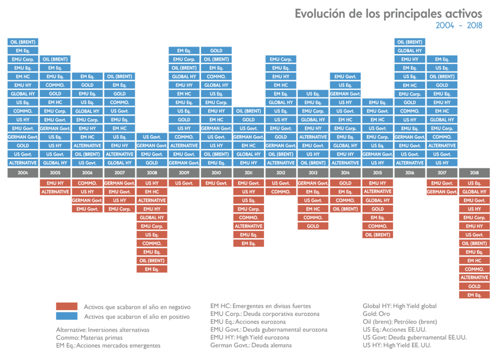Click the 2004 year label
pos(23,173)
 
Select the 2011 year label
pos(248,173)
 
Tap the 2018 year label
pos(474,173)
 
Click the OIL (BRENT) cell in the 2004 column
pos(23,42)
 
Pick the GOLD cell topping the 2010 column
pos(216,50)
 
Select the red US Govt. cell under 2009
pos(184,183)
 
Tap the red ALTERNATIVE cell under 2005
pos(55,192)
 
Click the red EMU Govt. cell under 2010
pos(216,183)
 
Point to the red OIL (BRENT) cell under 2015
pos(378,235)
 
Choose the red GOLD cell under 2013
pos(313,226)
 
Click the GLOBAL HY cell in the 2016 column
pos(410,50)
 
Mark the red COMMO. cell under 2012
pos(281,192)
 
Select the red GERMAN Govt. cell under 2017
pos(442,192)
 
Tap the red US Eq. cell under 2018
pos(474,183)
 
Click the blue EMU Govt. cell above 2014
pos(345,77)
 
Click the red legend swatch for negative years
pos(66,307)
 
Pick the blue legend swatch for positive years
pos(66,316)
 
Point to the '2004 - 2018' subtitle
pos(458,26)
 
